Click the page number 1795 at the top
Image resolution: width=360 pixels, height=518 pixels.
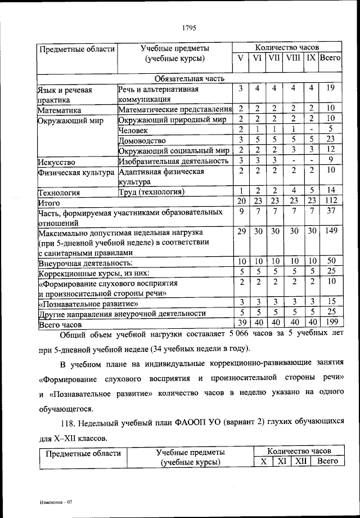(188, 24)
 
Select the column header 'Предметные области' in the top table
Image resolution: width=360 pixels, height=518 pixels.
(76, 48)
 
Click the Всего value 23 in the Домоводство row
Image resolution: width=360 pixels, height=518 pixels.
(330, 139)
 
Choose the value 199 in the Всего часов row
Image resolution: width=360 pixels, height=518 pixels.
(330, 323)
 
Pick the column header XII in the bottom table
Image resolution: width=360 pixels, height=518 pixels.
(301, 461)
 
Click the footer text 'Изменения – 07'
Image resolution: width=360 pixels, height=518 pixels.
(56, 501)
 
